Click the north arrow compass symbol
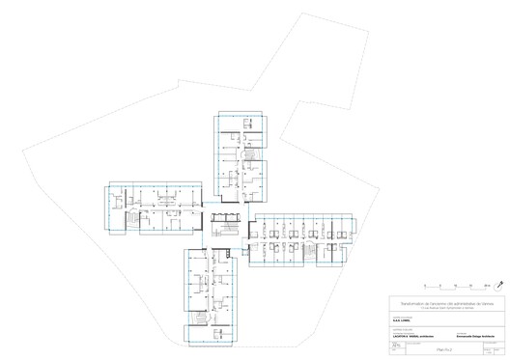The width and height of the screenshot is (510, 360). click(x=498, y=285)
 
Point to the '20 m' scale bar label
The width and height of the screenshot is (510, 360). click(x=487, y=284)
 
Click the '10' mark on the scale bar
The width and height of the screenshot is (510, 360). click(x=455, y=284)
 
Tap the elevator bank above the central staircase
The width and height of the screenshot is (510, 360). click(x=229, y=210)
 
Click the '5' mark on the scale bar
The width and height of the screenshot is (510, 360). click(x=439, y=284)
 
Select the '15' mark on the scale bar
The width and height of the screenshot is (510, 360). click(x=470, y=284)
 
